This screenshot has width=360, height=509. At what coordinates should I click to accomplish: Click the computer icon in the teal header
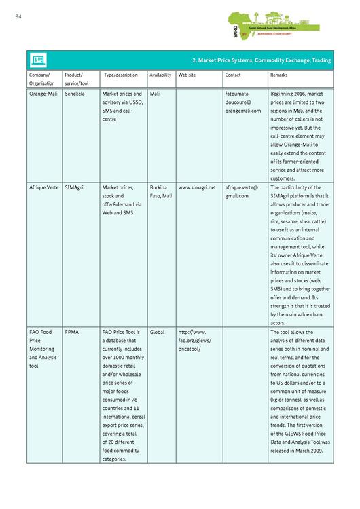tap(38, 60)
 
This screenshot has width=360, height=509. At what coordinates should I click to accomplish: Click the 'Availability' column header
tap(160, 75)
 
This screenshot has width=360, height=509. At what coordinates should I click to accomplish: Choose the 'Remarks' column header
tap(278, 75)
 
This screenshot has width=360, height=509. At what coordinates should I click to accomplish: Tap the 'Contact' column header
tap(233, 75)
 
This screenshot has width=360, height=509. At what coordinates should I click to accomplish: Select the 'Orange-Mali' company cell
tap(43, 94)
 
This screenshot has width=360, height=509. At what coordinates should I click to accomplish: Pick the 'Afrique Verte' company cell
tap(43, 187)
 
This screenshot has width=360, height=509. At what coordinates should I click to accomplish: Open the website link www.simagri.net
tap(197, 187)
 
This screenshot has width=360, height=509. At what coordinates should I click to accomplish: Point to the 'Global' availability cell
tap(157, 333)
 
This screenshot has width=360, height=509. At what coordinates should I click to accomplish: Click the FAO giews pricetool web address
tap(196, 341)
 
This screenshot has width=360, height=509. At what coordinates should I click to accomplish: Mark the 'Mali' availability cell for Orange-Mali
tap(154, 94)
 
